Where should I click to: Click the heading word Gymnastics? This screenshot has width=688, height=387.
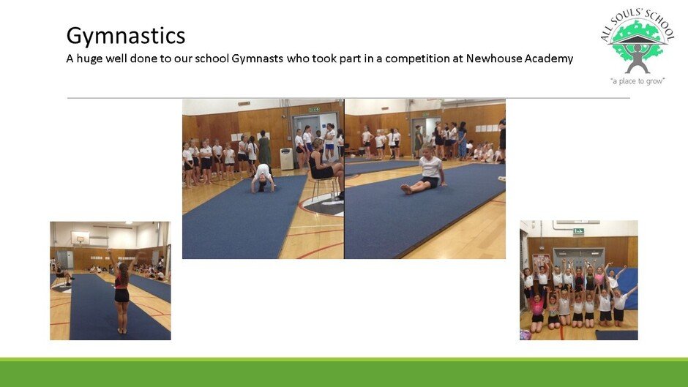pyautogui.click(x=126, y=36)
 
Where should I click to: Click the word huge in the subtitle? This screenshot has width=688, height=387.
pyautogui.click(x=89, y=59)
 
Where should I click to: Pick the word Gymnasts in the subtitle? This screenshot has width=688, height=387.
pyautogui.click(x=257, y=59)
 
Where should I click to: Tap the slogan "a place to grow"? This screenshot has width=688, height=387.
pyautogui.click(x=637, y=81)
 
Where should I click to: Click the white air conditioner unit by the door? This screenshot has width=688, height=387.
pyautogui.click(x=286, y=159)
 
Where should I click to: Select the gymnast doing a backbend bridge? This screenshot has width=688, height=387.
pyautogui.click(x=263, y=178)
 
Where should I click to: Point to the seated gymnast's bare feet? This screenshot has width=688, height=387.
pyautogui.click(x=406, y=189)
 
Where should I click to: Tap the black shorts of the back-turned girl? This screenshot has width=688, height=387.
pyautogui.click(x=121, y=296)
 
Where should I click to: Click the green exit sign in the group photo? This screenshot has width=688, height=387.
pyautogui.click(x=578, y=231)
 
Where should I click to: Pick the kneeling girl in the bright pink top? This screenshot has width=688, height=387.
pyautogui.click(x=536, y=312)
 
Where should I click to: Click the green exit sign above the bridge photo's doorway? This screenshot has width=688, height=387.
pyautogui.click(x=314, y=110)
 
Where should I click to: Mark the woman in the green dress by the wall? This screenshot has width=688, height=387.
pyautogui.click(x=264, y=149)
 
